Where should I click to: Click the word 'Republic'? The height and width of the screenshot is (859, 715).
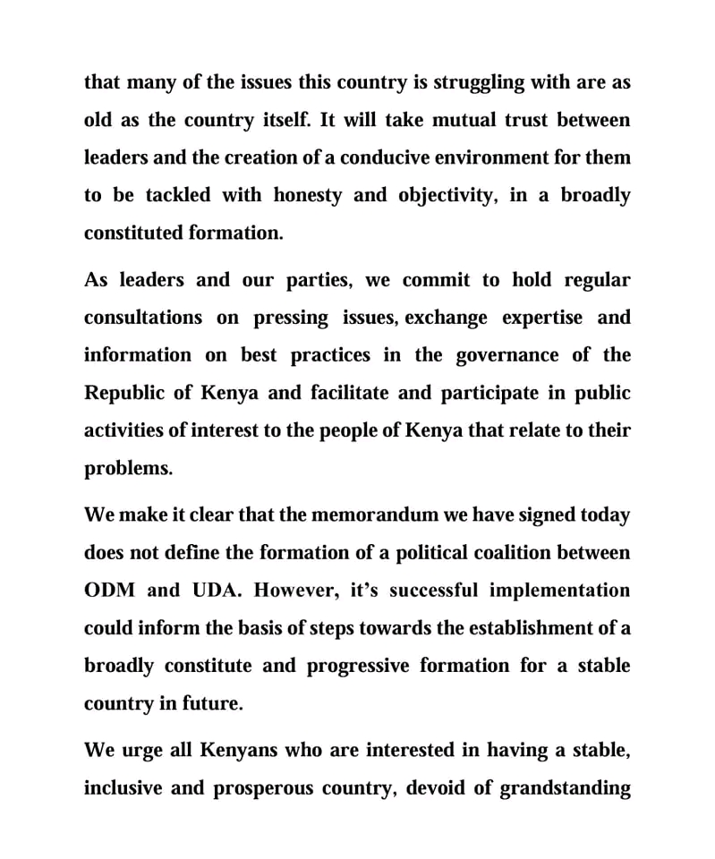(123, 393)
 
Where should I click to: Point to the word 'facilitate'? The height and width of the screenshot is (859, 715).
(353, 393)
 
